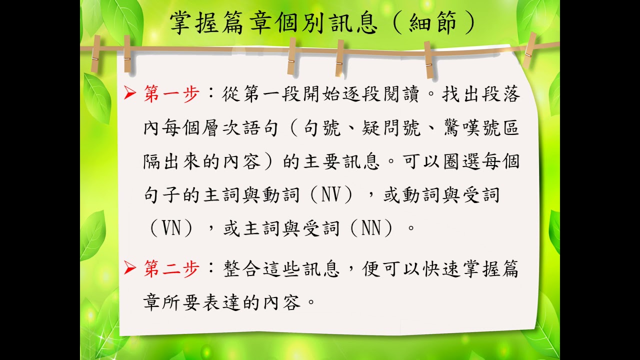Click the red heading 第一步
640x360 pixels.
coord(171,93)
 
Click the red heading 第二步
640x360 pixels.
coord(171,269)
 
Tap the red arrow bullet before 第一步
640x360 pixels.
coord(129,93)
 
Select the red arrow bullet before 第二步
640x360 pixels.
coord(129,268)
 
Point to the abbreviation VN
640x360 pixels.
coord(171,228)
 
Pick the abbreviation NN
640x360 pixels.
coord(371,228)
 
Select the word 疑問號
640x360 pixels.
coord(391,127)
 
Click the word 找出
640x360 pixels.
coord(461,93)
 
